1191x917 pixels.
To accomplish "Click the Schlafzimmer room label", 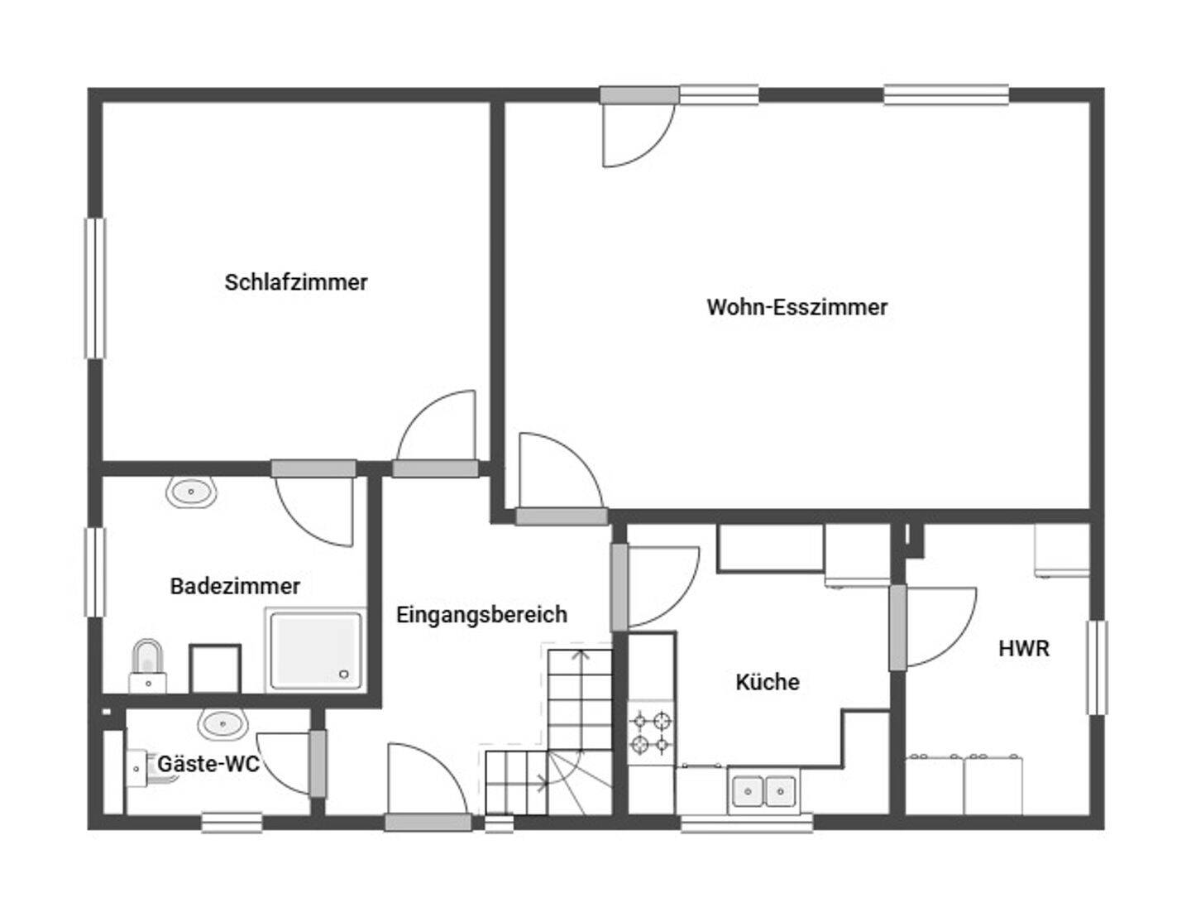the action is (x=296, y=282).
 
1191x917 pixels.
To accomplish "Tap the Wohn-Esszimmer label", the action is (x=797, y=307).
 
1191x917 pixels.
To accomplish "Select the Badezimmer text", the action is (x=235, y=586).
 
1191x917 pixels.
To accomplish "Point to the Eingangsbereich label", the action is (x=481, y=616).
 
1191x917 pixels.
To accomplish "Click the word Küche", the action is (x=768, y=682).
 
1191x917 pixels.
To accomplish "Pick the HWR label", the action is (x=1024, y=649).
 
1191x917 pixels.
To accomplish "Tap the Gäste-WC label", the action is (x=208, y=764).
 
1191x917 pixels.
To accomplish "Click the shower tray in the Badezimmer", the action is (x=316, y=650).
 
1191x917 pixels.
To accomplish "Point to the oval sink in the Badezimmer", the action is (x=191, y=492).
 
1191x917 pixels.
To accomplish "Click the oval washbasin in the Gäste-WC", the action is (x=222, y=724).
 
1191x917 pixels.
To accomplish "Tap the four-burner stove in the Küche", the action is (x=651, y=732).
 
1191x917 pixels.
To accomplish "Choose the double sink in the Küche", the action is (x=763, y=791).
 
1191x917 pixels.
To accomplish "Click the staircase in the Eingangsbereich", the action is (x=549, y=732).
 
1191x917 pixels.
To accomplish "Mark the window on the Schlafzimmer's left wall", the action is (x=95, y=289).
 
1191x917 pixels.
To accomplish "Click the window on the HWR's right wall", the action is (x=1098, y=667).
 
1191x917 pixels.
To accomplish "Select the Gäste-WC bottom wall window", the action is (x=232, y=823).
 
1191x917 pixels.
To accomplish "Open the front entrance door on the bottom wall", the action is (x=428, y=822).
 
